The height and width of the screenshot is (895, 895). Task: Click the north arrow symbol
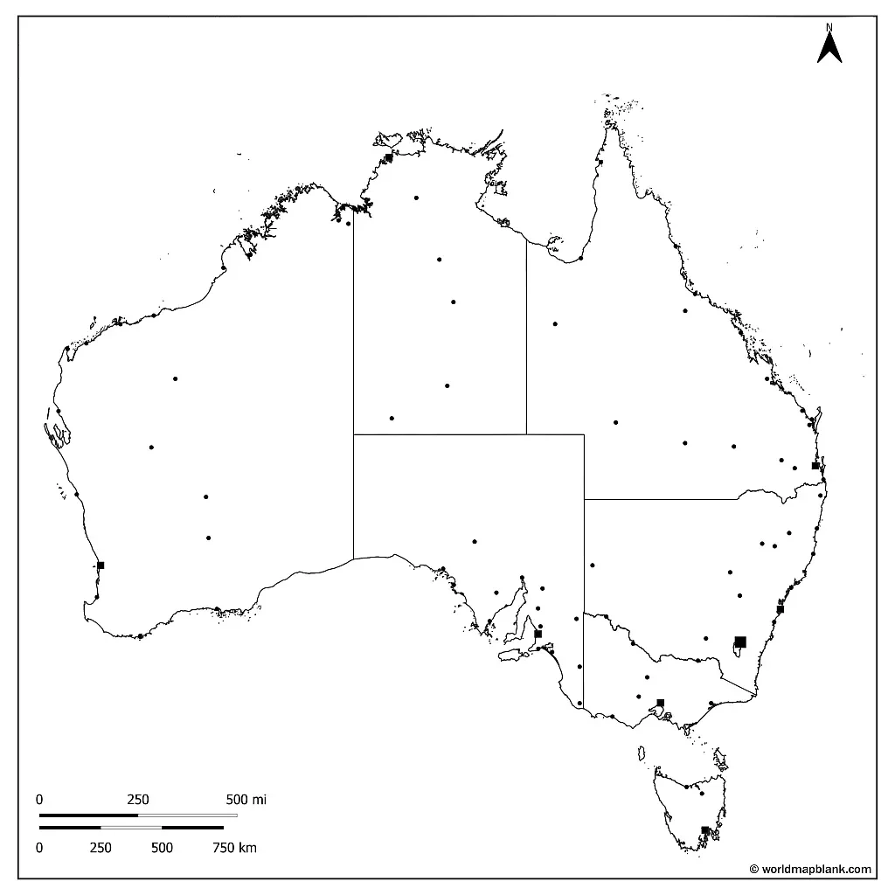(x=829, y=47)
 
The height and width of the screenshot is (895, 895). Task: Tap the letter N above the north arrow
(x=829, y=26)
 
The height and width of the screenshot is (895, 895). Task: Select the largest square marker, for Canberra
(x=740, y=642)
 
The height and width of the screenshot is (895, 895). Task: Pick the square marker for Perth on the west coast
(x=101, y=565)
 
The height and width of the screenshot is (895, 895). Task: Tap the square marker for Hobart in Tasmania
(x=704, y=830)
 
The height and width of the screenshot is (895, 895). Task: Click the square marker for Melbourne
(x=661, y=703)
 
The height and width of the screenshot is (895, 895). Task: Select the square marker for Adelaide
(x=538, y=634)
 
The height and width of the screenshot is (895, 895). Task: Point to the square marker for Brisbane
(x=815, y=466)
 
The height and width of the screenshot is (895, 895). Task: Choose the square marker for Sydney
(x=781, y=609)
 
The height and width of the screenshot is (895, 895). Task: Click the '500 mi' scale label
(x=246, y=799)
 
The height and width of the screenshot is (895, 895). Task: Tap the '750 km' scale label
(x=235, y=847)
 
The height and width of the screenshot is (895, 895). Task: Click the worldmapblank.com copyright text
(x=810, y=869)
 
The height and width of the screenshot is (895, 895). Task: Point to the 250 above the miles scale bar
(x=138, y=799)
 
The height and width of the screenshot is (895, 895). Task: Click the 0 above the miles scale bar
(x=39, y=799)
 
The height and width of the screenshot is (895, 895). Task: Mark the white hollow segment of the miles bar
(x=187, y=815)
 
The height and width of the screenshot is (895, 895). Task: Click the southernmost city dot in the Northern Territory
(x=392, y=418)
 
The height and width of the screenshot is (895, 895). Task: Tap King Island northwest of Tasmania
(x=642, y=752)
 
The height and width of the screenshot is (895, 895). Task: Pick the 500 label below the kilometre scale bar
(x=162, y=847)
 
